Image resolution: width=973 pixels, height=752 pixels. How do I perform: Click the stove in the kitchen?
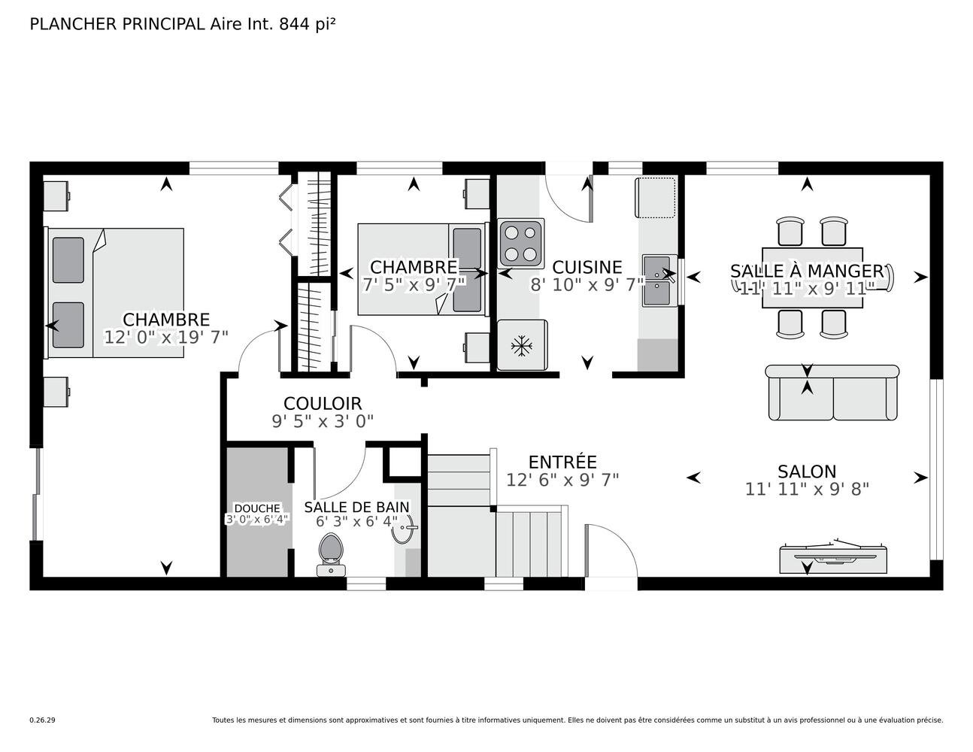click(x=521, y=244)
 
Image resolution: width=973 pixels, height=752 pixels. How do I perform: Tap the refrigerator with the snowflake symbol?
click(x=522, y=345)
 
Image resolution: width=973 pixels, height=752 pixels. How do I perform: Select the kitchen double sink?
click(x=659, y=280)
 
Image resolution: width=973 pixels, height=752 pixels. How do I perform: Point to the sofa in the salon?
click(x=832, y=393)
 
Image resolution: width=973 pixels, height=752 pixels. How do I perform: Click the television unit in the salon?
click(x=833, y=557)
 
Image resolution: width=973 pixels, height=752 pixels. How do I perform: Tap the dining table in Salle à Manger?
click(x=812, y=278)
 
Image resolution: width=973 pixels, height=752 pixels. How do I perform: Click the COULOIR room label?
click(x=323, y=404)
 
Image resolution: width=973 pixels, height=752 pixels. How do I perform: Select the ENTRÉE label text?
click(x=562, y=462)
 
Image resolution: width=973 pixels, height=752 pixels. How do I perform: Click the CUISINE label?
click(x=587, y=268)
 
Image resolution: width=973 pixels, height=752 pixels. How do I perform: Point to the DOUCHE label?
click(x=257, y=508)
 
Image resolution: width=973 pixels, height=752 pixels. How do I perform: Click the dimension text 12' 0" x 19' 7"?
click(x=166, y=338)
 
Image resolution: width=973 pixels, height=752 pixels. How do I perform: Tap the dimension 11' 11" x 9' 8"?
click(x=807, y=490)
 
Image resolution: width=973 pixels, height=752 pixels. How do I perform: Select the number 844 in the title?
click(x=294, y=25)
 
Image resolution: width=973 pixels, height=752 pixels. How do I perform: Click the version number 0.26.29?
click(x=43, y=720)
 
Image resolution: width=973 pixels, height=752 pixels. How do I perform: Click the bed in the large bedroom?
click(x=114, y=293)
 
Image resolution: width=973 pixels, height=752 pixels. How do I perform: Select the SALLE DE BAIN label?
click(x=357, y=507)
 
